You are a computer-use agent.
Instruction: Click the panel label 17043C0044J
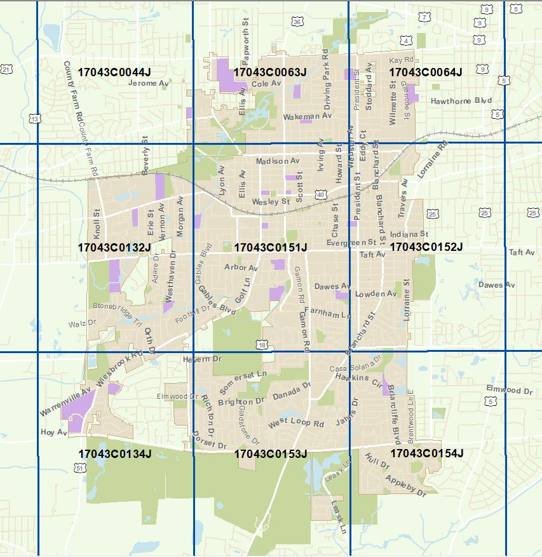[114, 72]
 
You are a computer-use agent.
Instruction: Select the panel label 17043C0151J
[271, 247]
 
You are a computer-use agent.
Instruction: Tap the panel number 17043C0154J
[426, 453]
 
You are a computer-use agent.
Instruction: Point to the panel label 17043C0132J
[114, 247]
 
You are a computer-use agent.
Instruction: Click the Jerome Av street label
[149, 83]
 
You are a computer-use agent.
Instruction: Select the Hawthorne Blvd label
[461, 101]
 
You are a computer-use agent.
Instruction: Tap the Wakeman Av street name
[308, 117]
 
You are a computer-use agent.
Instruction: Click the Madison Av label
[277, 162]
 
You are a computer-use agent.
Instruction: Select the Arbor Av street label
[241, 268]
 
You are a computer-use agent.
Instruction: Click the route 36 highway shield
[297, 22]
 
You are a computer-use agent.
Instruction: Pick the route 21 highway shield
[6, 69]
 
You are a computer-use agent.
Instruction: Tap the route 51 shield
[79, 467]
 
